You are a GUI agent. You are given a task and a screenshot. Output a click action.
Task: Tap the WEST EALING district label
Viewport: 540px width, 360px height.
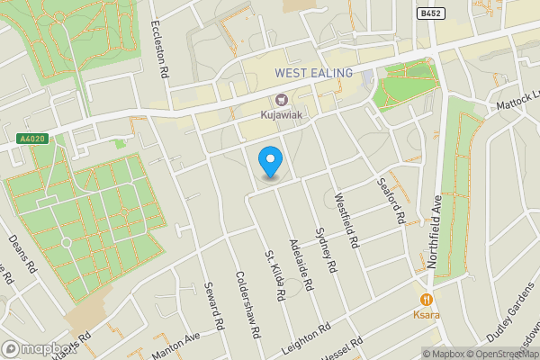tap(313, 71)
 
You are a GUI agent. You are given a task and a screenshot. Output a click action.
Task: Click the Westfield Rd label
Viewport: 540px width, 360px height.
tap(347, 222)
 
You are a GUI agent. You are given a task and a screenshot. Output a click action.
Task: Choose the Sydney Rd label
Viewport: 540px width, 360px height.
tap(326, 248)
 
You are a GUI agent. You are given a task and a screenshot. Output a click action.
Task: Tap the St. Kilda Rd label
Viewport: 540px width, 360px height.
tap(274, 276)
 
